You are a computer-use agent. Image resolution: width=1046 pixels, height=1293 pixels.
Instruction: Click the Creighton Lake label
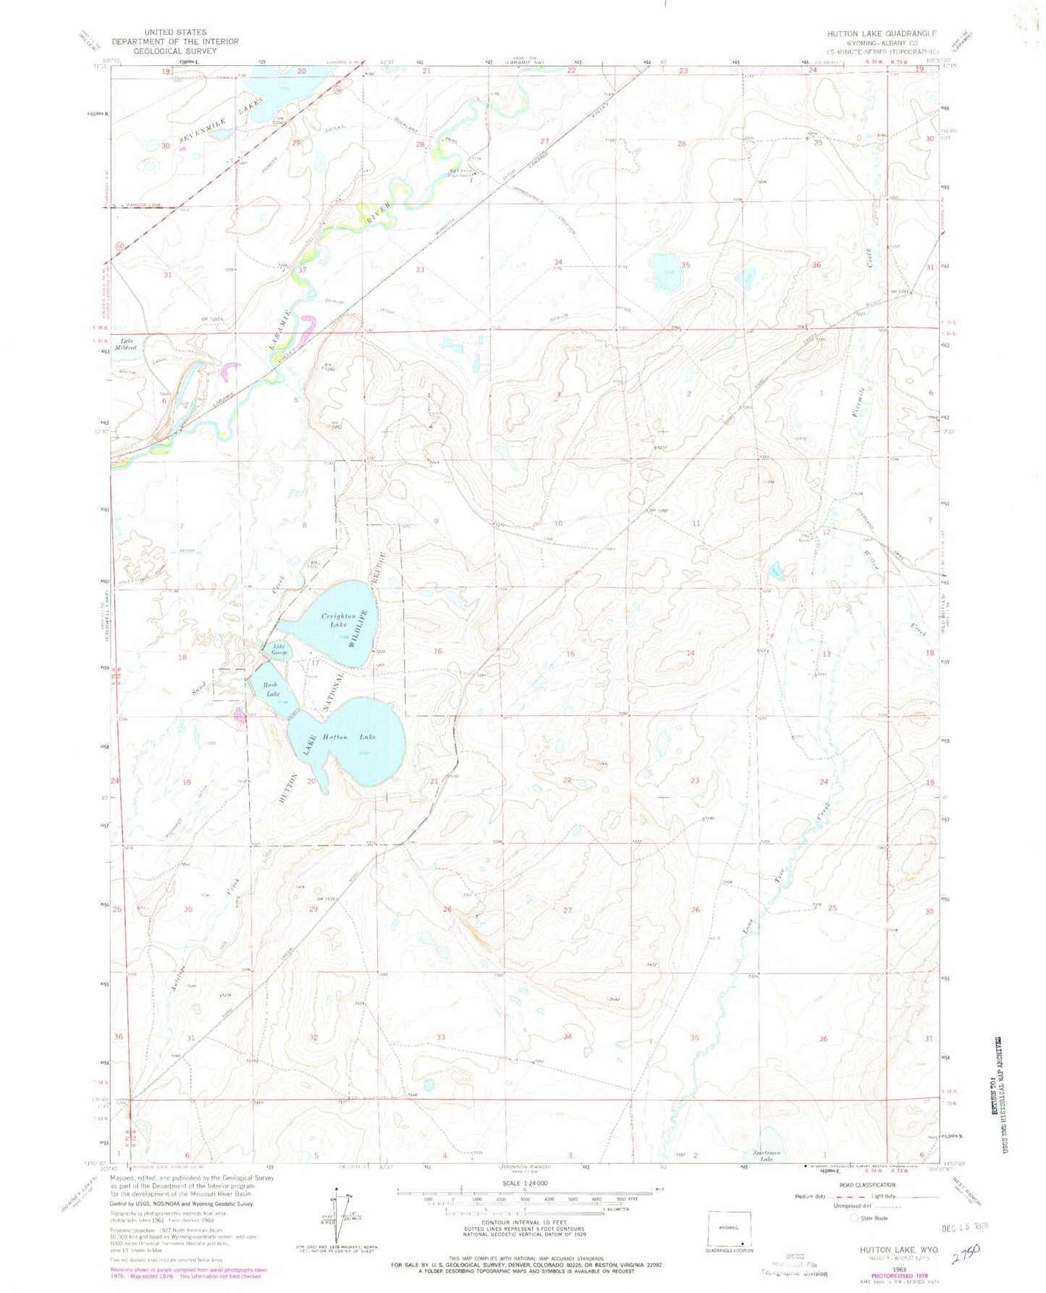pyautogui.click(x=338, y=620)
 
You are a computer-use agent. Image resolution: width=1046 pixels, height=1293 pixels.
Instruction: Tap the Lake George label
pyautogui.click(x=279, y=650)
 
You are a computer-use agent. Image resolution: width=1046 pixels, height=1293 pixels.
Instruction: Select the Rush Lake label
pyautogui.click(x=271, y=689)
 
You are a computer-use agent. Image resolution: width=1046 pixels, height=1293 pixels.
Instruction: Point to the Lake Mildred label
pyautogui.click(x=128, y=343)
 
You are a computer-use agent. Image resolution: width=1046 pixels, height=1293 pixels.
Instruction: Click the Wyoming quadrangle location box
pyautogui.click(x=729, y=1229)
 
